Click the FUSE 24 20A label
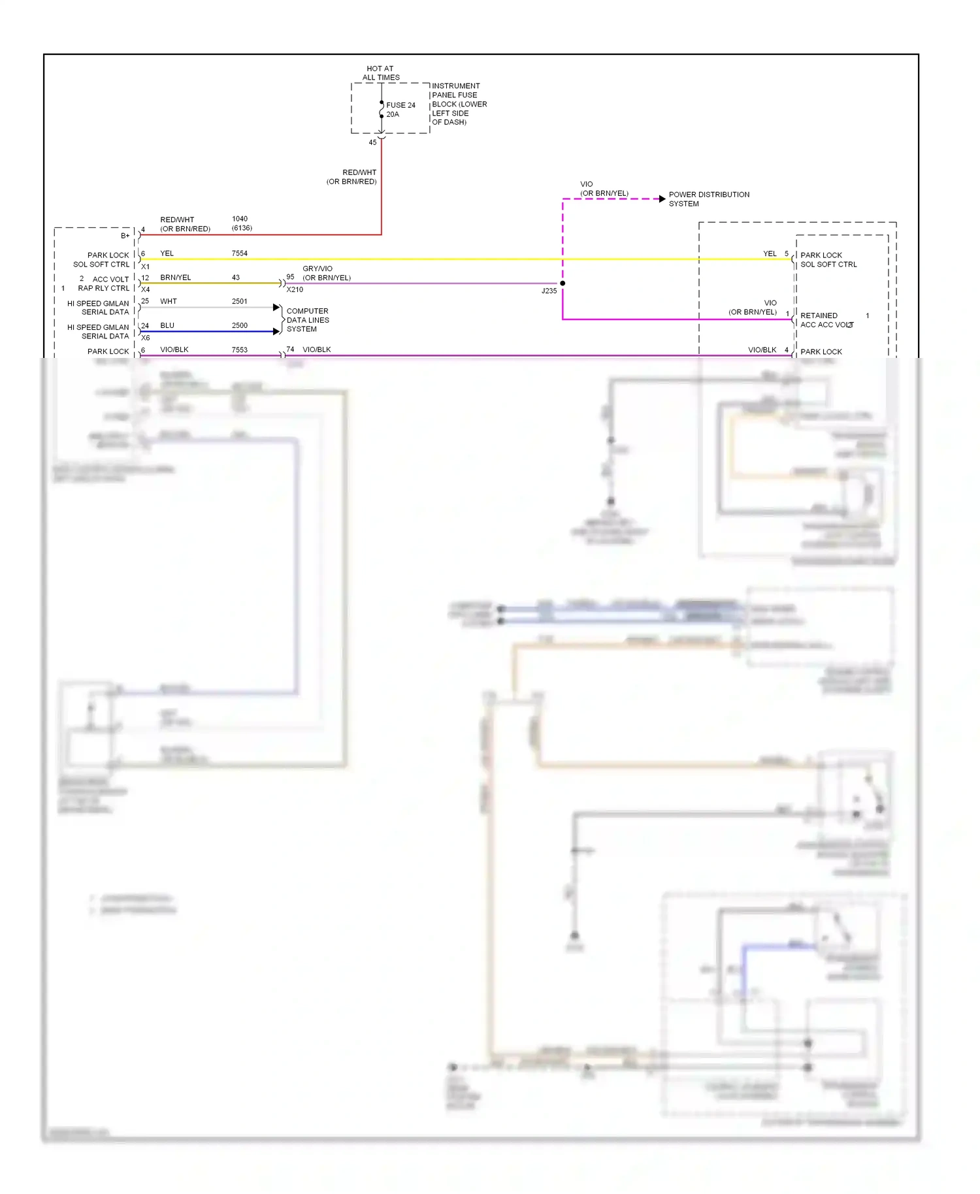tap(400, 109)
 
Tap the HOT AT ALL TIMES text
tap(380, 73)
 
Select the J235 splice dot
tap(563, 283)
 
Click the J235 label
tap(549, 291)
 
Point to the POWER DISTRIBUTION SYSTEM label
tap(708, 199)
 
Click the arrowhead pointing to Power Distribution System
tap(662, 199)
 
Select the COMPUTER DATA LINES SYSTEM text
tap(307, 320)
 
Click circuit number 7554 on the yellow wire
tap(239, 253)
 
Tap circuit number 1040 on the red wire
tap(240, 219)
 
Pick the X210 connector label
tap(295, 289)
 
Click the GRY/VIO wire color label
tap(318, 268)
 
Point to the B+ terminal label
tap(125, 236)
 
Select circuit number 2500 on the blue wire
tap(239, 325)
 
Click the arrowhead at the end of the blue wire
tap(276, 331)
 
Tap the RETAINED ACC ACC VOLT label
tap(826, 320)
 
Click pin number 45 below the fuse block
tap(372, 142)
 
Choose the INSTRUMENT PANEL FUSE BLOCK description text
tap(459, 104)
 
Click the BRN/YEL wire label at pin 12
tap(175, 278)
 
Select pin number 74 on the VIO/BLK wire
tap(290, 349)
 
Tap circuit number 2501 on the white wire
tap(239, 301)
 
